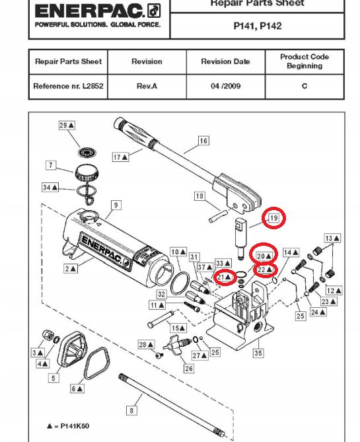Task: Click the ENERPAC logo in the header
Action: coord(98,12)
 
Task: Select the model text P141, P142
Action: coord(258,26)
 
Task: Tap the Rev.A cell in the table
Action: coord(147,86)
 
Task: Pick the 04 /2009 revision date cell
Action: coord(225,86)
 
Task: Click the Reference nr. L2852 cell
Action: coord(68,86)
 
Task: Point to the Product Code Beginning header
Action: coord(305,61)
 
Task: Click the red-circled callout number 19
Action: coord(273,218)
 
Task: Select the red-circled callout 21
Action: coord(225,277)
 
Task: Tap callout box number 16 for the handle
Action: coord(204,141)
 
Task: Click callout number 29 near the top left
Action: coord(67,125)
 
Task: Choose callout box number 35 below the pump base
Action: coord(258,353)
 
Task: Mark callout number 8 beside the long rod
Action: coord(131,410)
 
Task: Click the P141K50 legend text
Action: coord(75,425)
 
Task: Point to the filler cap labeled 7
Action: coord(87,172)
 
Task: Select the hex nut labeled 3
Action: coord(48,334)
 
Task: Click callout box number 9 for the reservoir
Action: coord(116,205)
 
